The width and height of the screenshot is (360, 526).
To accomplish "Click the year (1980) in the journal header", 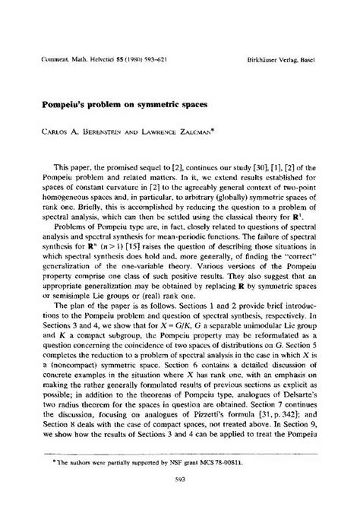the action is point(131,35).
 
